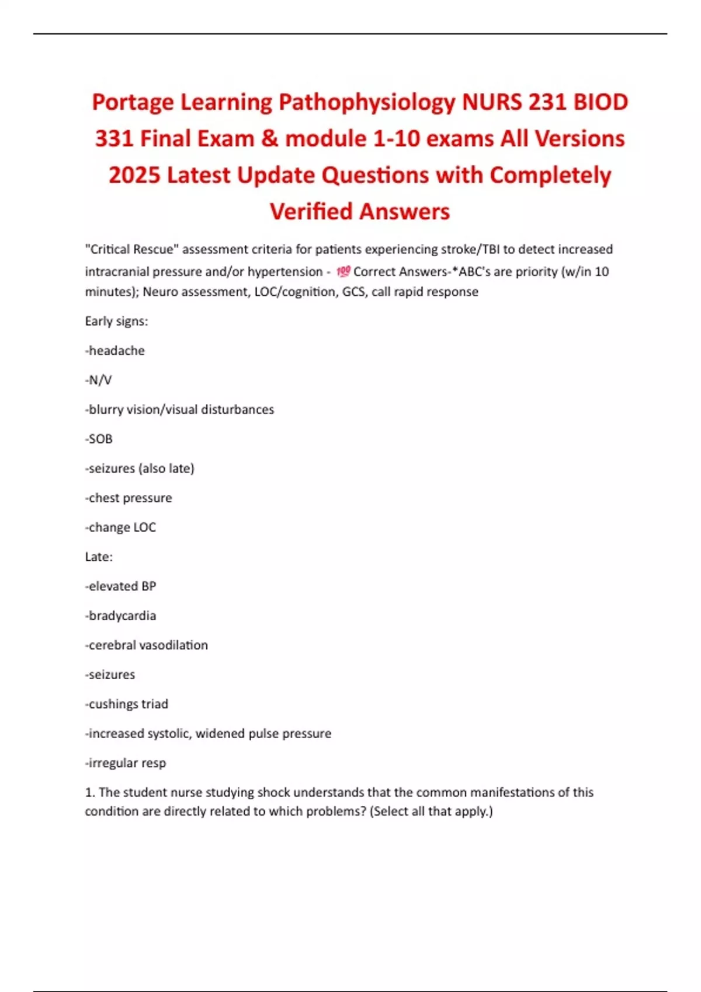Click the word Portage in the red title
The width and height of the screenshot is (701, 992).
pyautogui.click(x=133, y=103)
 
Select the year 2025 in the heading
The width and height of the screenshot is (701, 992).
pyautogui.click(x=134, y=176)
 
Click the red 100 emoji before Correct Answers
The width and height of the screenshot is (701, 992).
pyautogui.click(x=343, y=271)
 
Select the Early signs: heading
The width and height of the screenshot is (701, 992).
pyautogui.click(x=116, y=321)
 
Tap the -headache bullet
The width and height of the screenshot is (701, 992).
pyautogui.click(x=115, y=351)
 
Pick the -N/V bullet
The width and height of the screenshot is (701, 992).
pyautogui.click(x=98, y=380)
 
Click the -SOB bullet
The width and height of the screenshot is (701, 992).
pyautogui.click(x=99, y=439)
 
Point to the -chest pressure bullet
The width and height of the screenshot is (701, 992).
pyautogui.click(x=129, y=498)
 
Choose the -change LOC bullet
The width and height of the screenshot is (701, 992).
pyautogui.click(x=120, y=528)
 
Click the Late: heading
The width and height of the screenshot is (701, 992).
pyautogui.click(x=99, y=557)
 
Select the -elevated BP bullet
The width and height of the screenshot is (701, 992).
pyautogui.click(x=120, y=586)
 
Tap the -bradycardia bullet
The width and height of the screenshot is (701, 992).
pyautogui.click(x=120, y=616)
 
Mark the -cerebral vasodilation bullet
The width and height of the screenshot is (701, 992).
pyautogui.click(x=147, y=645)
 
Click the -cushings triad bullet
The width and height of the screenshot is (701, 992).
pyautogui.click(x=127, y=704)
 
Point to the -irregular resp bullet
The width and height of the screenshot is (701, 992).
pyautogui.click(x=126, y=763)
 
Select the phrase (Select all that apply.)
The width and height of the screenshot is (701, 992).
pyautogui.click(x=431, y=812)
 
